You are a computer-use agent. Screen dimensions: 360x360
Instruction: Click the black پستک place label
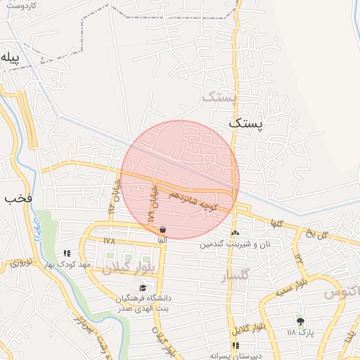coord(246,123)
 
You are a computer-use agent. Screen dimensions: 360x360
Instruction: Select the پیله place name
coord(8,56)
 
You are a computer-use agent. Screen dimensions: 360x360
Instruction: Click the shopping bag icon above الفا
coord(163,229)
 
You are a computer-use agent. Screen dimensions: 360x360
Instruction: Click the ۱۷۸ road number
coord(108,240)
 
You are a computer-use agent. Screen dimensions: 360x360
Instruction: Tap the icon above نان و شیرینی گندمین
coord(235,233)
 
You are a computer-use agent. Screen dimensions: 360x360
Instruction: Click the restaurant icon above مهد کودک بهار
coord(67,253)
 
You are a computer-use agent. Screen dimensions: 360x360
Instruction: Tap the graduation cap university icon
coord(143,288)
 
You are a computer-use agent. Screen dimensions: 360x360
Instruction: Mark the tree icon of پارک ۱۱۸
coord(300,321)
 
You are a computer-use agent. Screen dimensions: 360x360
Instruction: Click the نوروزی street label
coord(21,264)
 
